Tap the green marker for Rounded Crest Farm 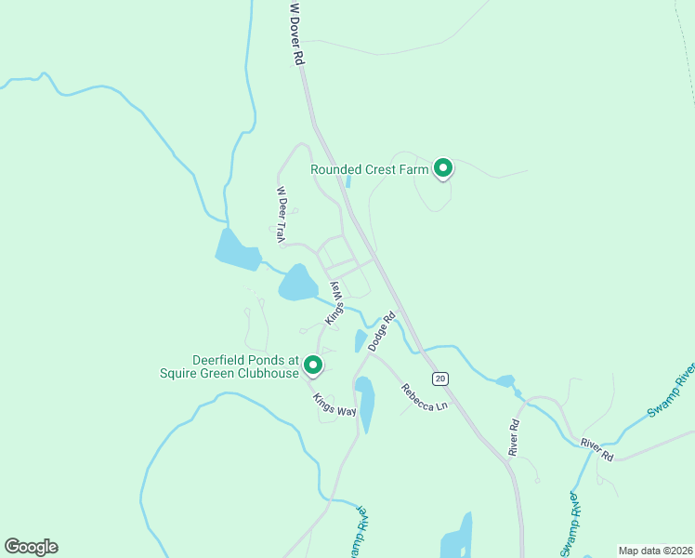[444, 168]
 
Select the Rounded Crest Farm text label [370, 169]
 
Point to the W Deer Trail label [280, 215]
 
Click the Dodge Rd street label [382, 330]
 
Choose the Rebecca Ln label [425, 397]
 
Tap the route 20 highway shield [440, 378]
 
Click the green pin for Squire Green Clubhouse [313, 365]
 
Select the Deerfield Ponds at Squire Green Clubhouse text [245, 366]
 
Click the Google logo [31, 547]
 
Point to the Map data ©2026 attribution [655, 551]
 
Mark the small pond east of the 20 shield [505, 380]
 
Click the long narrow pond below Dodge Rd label [365, 403]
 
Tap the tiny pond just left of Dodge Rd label [361, 341]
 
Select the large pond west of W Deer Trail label [237, 249]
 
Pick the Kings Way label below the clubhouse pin [334, 405]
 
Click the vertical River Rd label [514, 436]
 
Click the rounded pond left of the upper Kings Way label [297, 283]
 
